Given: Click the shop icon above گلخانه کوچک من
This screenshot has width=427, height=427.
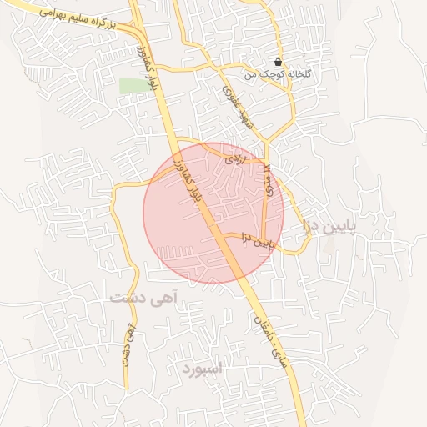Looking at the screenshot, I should pos(278,63).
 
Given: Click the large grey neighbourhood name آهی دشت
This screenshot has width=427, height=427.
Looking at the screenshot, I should pos(139,295).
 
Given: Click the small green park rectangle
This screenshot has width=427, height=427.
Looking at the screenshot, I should pos(129,85).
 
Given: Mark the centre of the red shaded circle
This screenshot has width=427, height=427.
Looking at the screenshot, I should pos(213,213).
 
